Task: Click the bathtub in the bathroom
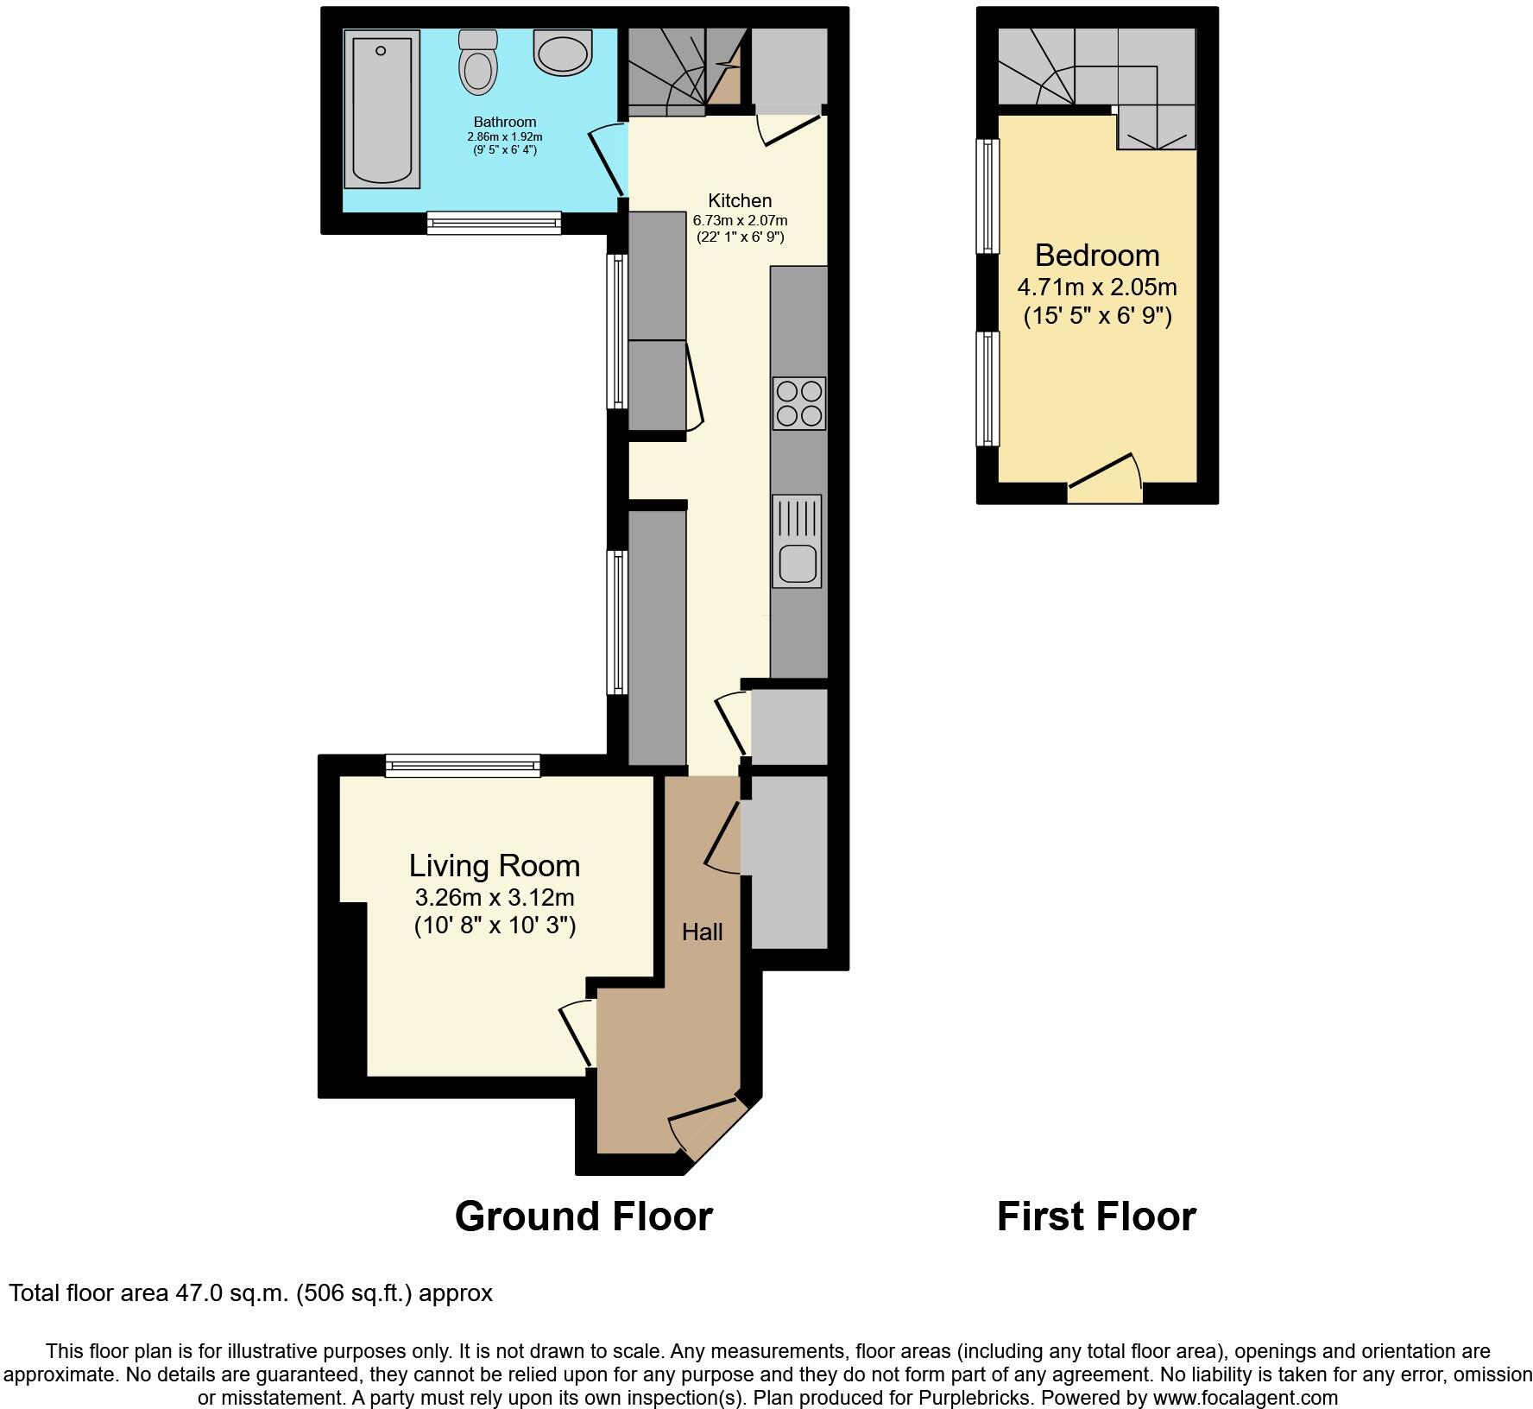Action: tap(382, 109)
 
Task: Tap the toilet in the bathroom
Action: tap(477, 62)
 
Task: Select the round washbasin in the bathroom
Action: tap(563, 52)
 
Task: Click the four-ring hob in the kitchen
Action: tap(798, 403)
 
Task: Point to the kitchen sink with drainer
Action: tap(797, 541)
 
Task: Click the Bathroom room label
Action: tap(504, 123)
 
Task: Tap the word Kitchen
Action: tap(740, 200)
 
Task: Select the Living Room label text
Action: tap(494, 865)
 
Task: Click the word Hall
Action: tap(702, 932)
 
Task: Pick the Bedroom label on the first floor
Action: tap(1096, 256)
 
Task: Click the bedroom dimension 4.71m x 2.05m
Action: tap(1096, 287)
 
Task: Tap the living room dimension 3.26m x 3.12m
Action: tap(494, 897)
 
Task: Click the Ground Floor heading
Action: tap(584, 1216)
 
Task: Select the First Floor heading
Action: tap(1096, 1216)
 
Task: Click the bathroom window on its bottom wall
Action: tap(494, 224)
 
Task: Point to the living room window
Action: tap(463, 765)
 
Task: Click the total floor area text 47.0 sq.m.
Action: tap(250, 1293)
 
